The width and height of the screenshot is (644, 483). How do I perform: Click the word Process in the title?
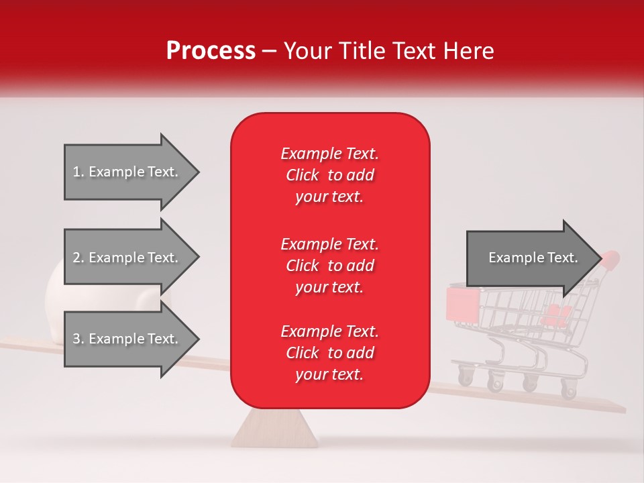[211, 51]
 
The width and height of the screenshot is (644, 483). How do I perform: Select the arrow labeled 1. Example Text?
[132, 172]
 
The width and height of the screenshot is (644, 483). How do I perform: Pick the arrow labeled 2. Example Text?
[132, 257]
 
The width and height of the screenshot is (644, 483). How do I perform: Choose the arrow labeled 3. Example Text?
[132, 339]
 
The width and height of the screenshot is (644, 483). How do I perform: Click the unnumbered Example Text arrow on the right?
[535, 258]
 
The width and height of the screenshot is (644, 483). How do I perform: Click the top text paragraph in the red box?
[330, 175]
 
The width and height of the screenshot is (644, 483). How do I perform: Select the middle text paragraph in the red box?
[330, 266]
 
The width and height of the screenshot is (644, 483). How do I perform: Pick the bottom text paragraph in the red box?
[330, 353]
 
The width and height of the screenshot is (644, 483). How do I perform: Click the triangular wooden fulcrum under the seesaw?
[274, 429]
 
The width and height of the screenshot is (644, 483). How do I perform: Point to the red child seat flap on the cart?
[462, 303]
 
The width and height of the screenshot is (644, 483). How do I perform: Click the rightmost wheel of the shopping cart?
[569, 388]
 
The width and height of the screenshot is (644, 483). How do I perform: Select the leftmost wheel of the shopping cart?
[466, 375]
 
